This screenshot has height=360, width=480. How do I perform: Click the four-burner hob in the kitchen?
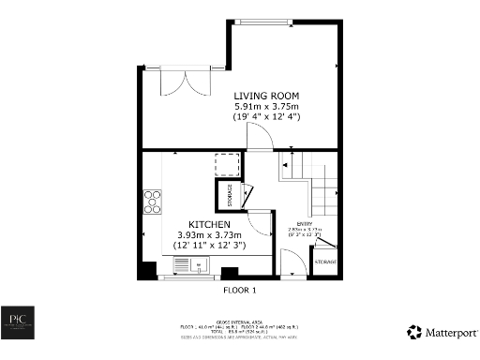coord(151,201)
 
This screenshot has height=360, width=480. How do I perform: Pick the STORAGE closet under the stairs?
coord(325,262)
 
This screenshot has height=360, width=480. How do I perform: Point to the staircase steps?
coord(323,197)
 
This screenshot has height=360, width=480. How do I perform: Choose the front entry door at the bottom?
coord(292,269)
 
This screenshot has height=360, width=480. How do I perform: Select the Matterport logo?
coord(440,332)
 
